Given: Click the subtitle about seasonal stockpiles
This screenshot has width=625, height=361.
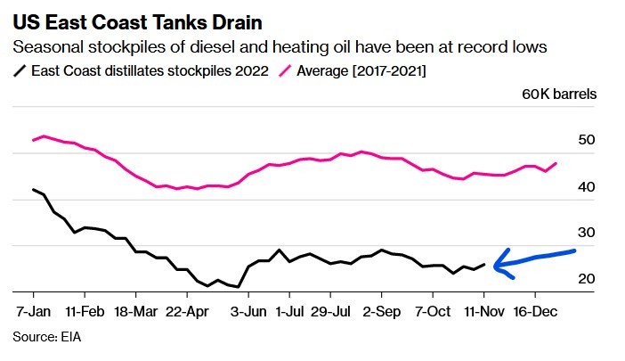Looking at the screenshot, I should pos(279,46).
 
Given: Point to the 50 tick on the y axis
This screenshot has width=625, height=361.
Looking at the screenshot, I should pos(586,141).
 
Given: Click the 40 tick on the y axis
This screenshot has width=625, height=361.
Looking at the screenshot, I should pos(586,187).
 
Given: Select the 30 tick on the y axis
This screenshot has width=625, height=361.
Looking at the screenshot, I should pos(586,233).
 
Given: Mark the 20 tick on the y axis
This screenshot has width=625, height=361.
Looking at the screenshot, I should pos(586,279).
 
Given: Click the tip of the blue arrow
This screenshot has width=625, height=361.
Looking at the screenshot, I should pos(495,264).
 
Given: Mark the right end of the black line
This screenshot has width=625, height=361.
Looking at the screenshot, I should pos(485,264).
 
